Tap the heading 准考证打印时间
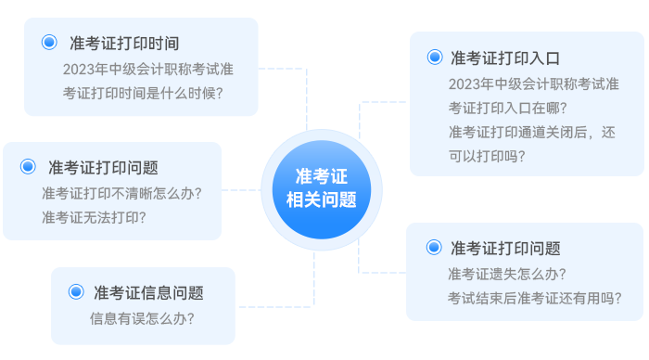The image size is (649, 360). point(123,43)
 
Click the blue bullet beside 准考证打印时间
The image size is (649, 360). point(50,43)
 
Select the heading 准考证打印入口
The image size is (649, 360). point(505,58)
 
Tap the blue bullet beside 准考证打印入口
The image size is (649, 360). point(435,58)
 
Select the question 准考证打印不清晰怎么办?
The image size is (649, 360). point(121,193)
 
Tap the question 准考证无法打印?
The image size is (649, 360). point(93,217)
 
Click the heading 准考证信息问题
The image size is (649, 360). point(148,292)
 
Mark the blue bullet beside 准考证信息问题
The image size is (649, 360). point(76,292)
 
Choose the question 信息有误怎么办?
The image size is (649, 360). point(142,318)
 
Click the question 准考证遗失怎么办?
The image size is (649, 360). point(506,274)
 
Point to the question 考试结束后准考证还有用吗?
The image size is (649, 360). point(534,298)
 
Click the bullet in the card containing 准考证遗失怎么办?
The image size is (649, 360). point(434,248)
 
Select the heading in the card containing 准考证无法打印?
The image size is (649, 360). point(103,168)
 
